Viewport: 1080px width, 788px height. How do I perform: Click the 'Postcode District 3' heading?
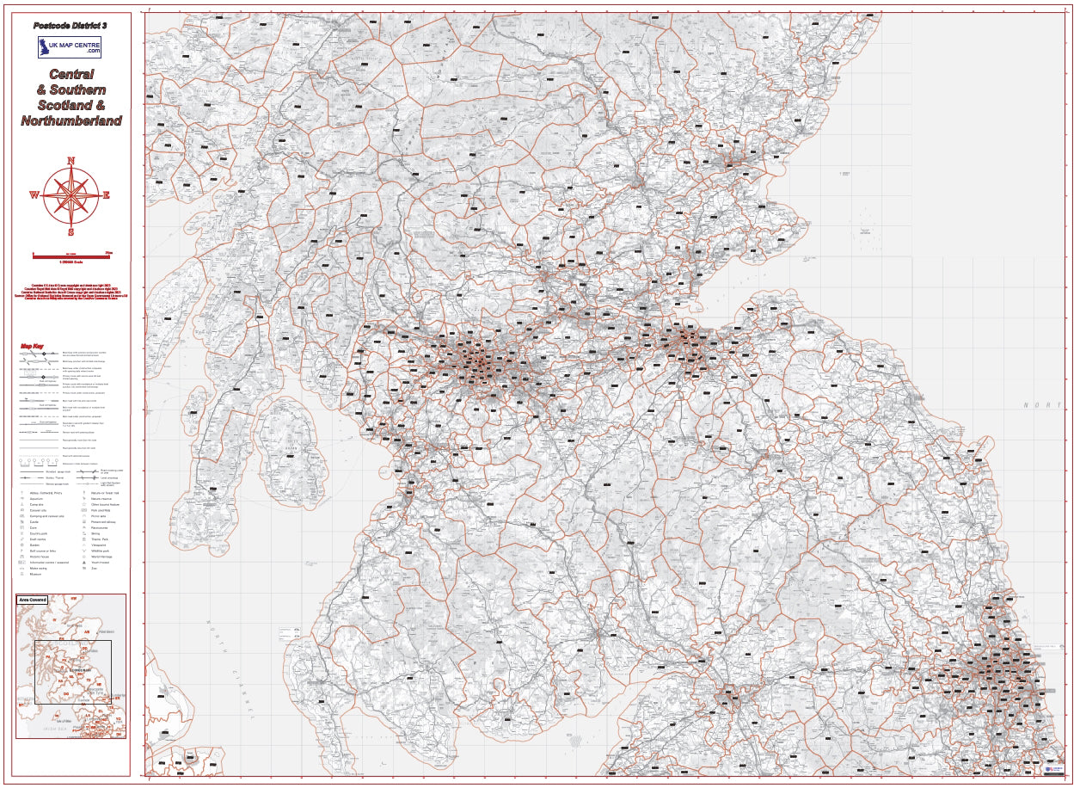point(71,26)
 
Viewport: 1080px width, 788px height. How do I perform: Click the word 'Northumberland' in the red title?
point(71,121)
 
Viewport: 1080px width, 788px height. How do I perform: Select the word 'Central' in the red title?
point(71,75)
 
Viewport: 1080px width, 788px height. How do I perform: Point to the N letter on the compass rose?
point(71,161)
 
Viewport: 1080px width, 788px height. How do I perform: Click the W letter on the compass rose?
point(34,195)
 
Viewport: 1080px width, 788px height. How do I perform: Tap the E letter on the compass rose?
point(107,195)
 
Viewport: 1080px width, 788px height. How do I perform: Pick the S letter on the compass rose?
point(71,231)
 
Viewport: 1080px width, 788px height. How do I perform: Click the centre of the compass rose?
point(71,195)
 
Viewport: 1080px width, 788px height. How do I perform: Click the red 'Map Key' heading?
point(32,348)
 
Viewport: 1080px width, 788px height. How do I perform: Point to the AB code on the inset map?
point(86,631)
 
